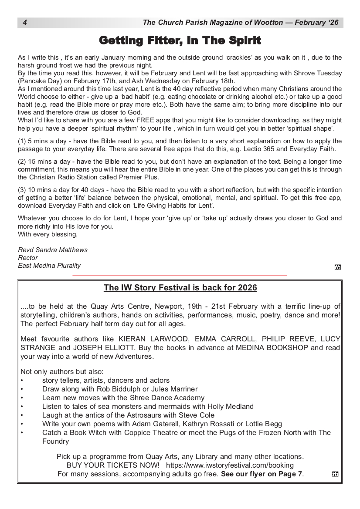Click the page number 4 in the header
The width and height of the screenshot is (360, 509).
(25, 23)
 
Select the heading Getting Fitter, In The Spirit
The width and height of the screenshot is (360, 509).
(180, 41)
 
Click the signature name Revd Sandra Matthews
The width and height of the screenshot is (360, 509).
(53, 250)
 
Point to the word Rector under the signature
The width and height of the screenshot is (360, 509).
(28, 258)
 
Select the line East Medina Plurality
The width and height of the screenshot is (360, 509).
(49, 266)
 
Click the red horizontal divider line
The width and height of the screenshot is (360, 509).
(180, 275)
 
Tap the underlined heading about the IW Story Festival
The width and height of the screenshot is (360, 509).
(180, 288)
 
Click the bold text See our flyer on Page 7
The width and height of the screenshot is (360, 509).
(262, 474)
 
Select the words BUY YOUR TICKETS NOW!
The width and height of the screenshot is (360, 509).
(113, 465)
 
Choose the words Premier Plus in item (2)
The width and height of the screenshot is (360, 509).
(139, 177)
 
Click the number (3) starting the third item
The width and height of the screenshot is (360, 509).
(22, 190)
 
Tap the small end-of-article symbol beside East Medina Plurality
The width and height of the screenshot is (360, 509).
(337, 267)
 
